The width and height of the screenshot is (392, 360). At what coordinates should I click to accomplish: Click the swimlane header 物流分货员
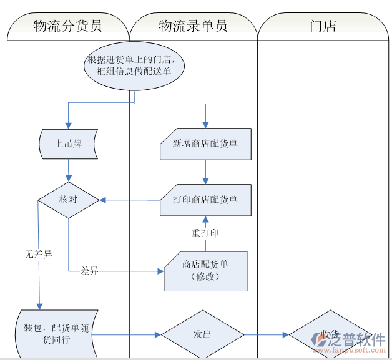coord(67,26)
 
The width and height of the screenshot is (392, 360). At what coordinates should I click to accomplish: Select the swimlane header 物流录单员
coord(193,26)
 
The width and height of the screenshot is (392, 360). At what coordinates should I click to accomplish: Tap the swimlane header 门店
coord(323,26)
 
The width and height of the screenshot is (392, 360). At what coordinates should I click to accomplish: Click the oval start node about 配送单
coord(135,66)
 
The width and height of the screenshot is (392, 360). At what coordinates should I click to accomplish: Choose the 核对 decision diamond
coord(69,200)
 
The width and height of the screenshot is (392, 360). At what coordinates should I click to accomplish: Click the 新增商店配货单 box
coord(205,144)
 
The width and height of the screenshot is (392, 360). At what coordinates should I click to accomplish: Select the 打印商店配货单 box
coord(205,200)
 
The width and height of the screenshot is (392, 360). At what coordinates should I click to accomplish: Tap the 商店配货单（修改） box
coord(205,271)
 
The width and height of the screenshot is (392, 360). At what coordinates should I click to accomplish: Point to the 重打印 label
coord(205,233)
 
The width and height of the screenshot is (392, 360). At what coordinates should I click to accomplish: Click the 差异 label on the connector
coord(90,271)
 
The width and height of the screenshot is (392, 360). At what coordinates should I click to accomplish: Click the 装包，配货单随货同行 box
coord(56,334)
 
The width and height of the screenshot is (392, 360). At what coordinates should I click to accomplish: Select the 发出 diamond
coord(202,334)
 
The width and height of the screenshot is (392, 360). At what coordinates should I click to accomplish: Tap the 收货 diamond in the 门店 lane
coord(329,334)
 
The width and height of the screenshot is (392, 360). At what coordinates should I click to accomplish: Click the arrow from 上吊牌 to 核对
coord(69,172)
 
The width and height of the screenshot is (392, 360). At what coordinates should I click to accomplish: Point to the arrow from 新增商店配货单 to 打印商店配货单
coord(205,172)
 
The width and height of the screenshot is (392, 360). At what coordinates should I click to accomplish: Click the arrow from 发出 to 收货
coord(266,334)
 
